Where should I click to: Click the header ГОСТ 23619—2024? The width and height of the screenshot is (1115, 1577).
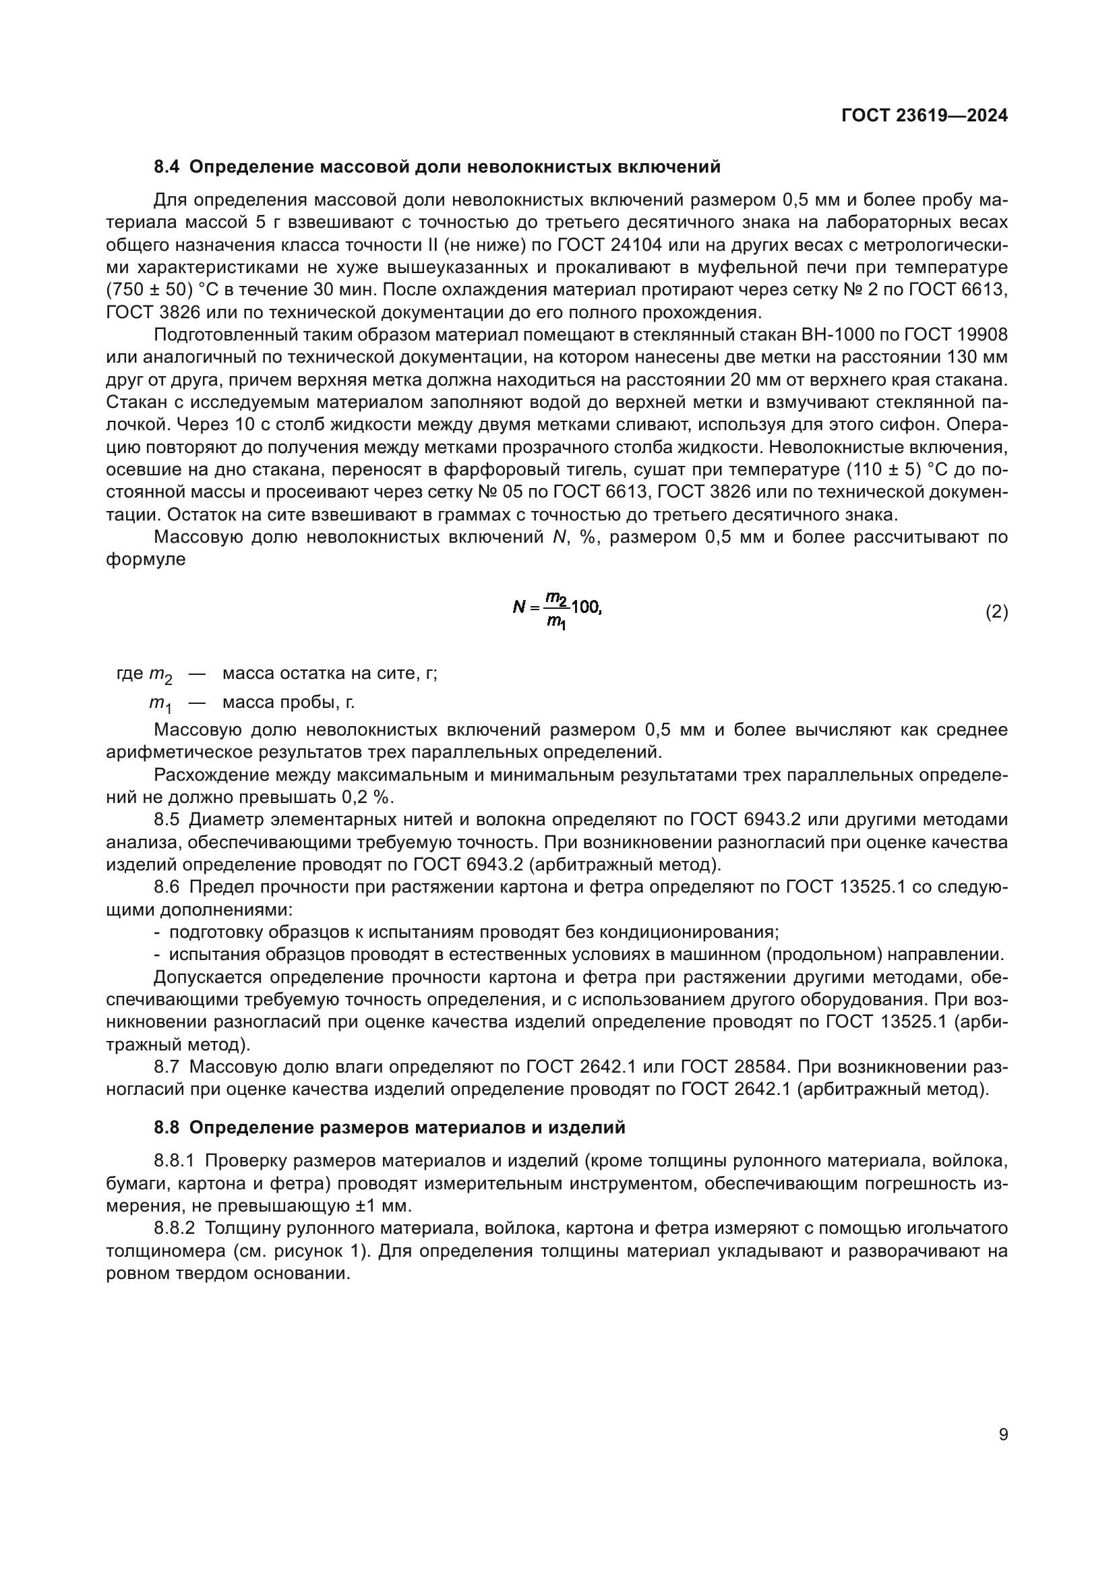pos(924,115)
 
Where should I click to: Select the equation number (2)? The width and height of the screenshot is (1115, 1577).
pos(996,612)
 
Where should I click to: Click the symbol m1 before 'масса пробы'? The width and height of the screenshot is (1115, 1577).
pos(160,704)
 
